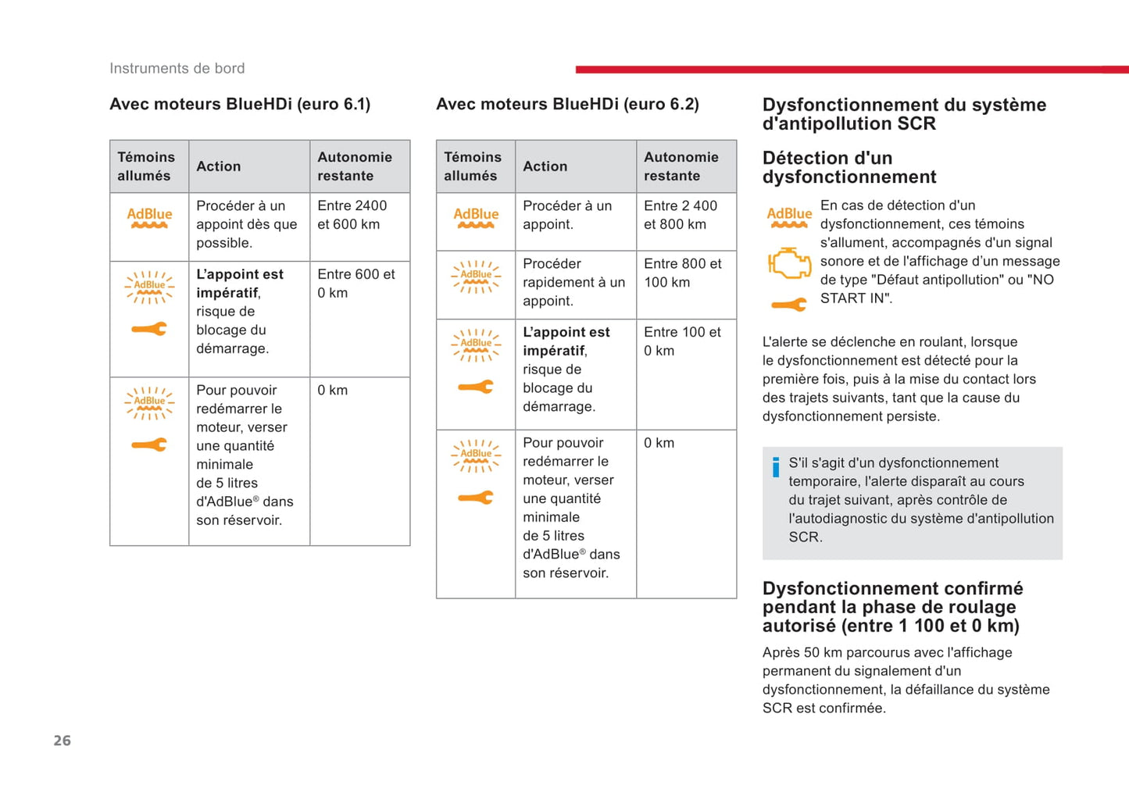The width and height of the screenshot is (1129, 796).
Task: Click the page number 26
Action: [x=62, y=741]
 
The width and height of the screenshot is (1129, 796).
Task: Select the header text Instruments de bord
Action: [x=177, y=69]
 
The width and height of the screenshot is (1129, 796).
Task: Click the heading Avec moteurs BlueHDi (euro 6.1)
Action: [x=240, y=104]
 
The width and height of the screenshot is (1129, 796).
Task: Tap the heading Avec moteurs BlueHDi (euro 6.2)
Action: [x=567, y=104]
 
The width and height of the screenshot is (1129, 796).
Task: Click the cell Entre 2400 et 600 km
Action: [x=352, y=215]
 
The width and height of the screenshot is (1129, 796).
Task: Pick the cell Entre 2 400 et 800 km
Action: [x=680, y=215]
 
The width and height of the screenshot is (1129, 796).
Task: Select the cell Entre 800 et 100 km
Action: [x=682, y=273]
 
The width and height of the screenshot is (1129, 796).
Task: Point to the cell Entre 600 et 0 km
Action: [x=355, y=284]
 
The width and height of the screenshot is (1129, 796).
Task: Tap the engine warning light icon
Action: [x=789, y=262]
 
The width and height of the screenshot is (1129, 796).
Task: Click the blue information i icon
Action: [x=775, y=467]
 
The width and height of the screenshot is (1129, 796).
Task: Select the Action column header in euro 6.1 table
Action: [x=219, y=166]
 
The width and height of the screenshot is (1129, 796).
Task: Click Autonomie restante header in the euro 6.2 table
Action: [x=681, y=166]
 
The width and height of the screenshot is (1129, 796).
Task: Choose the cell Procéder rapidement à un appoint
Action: [x=573, y=282]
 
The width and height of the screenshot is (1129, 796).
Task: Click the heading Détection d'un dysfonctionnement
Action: [x=849, y=167]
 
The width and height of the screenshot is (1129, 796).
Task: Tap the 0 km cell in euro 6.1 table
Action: [x=333, y=390]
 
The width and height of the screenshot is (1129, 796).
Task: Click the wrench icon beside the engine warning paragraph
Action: [x=789, y=305]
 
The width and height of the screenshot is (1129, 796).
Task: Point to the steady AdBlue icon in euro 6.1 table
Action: [x=149, y=217]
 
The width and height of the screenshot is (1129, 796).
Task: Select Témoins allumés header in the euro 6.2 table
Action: [x=473, y=166]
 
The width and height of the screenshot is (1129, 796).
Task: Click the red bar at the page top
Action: [x=852, y=70]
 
